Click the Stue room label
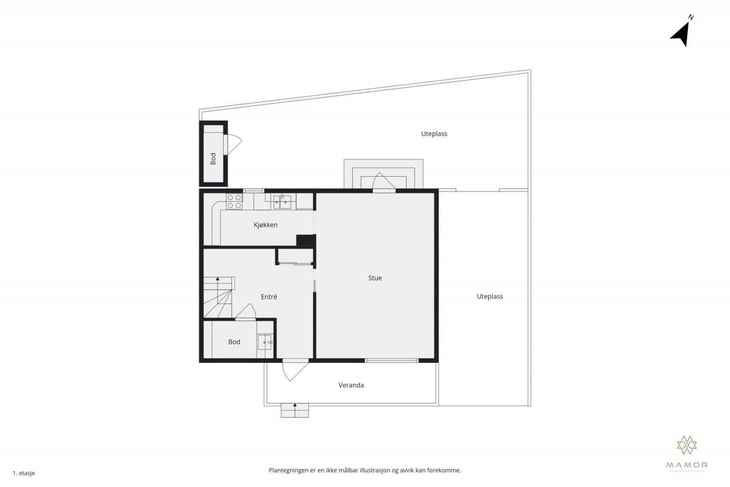click(375, 278)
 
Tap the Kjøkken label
click(266, 225)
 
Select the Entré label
click(269, 297)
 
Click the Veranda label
click(351, 385)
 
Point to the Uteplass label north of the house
click(434, 134)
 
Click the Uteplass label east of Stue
click(490, 297)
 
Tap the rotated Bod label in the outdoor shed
click(213, 158)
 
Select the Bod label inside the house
click(234, 342)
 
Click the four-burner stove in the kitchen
click(234, 202)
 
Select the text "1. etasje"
click(24, 473)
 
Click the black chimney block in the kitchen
click(305, 241)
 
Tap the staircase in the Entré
click(218, 297)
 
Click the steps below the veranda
click(295, 410)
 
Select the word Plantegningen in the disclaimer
click(288, 470)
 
